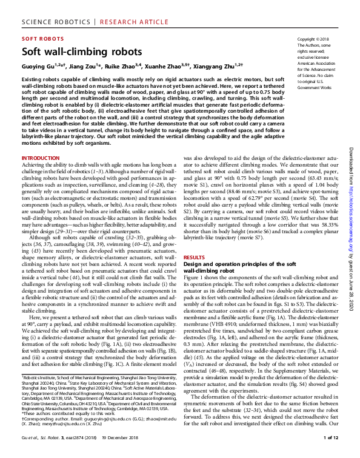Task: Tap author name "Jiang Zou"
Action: [x=79, y=65]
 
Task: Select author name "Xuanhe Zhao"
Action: [x=166, y=65]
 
